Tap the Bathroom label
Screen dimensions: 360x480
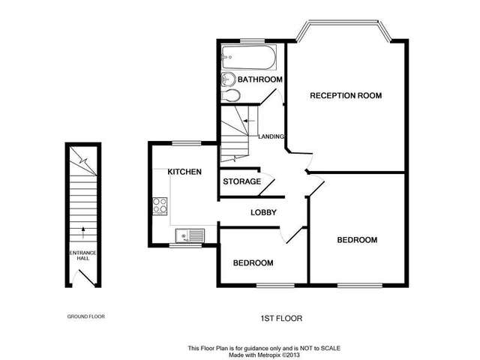coord(259,79)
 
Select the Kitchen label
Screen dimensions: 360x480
coord(184,172)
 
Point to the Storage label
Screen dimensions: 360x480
coord(242,181)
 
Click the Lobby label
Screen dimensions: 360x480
coord(264,213)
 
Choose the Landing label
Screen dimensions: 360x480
coord(270,136)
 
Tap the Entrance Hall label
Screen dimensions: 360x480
coord(82,256)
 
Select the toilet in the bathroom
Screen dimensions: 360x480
coord(232,96)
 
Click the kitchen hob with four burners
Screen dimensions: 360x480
coord(159,206)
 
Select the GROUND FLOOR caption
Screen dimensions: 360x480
coord(82,316)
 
